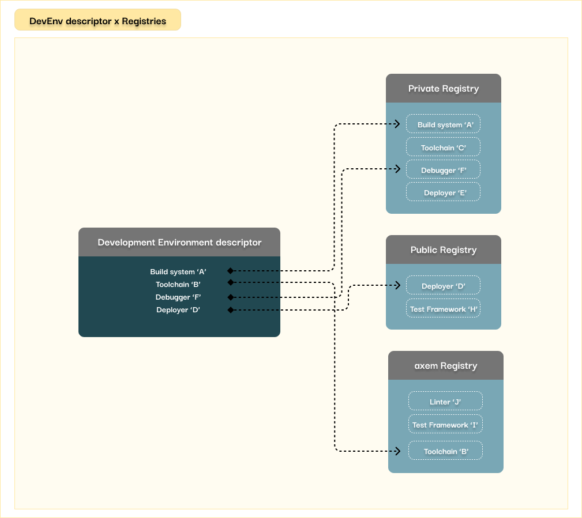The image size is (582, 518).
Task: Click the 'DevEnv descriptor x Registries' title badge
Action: pos(97,20)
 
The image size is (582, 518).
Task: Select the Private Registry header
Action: pos(444,88)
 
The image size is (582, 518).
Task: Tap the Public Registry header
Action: pos(444,249)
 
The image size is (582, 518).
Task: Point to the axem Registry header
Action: pos(446,366)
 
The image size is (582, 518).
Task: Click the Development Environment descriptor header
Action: pos(179,242)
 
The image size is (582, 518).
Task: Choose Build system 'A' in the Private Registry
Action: pos(443,124)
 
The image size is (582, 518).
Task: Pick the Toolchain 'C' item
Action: pos(443,147)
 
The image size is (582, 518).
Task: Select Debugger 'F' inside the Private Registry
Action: pos(443,169)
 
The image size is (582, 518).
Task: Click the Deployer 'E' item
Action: pos(443,192)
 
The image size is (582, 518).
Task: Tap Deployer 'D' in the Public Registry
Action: pos(443,285)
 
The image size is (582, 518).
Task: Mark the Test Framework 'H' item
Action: pos(443,308)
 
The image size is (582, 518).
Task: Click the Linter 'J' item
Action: pos(445,401)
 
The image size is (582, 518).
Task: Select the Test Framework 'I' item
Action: pos(445,424)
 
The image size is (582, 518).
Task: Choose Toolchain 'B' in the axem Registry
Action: pos(445,451)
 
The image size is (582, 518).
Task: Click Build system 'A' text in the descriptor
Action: pos(178,272)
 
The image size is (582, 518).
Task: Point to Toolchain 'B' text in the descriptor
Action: pos(178,285)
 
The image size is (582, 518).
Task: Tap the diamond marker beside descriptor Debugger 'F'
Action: pos(231,297)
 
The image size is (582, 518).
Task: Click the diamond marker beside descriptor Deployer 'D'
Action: pos(231,309)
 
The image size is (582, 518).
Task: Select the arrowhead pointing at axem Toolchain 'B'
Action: pos(397,451)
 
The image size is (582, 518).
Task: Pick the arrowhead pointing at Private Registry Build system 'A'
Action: pos(397,124)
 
